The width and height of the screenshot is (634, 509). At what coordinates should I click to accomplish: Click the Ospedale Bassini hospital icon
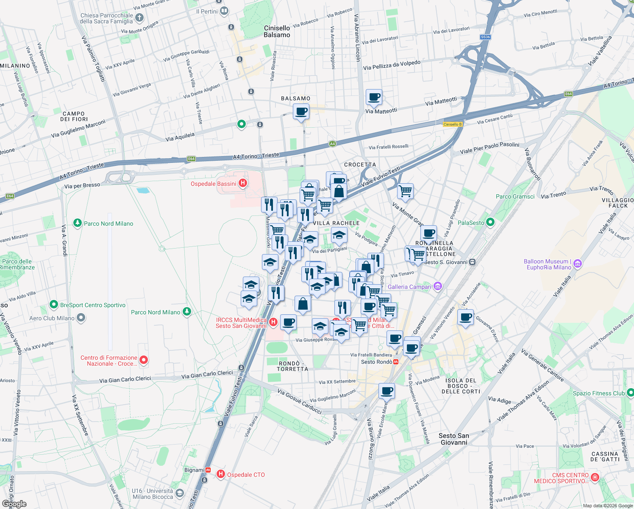243,183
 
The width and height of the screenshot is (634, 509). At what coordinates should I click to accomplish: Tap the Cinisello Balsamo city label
277,31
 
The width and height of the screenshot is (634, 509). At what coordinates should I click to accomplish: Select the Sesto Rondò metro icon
396,362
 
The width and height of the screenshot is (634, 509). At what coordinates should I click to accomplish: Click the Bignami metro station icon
208,470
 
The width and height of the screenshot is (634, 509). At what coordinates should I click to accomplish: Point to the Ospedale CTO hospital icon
221,474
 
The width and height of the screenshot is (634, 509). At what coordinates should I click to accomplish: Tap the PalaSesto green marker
490,222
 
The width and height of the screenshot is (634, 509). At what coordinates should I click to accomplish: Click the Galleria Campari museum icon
438,287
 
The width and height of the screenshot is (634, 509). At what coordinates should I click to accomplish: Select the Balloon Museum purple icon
578,264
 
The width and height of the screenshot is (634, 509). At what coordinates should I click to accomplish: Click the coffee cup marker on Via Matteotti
374,97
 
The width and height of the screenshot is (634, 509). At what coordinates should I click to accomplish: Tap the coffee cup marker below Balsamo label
301,112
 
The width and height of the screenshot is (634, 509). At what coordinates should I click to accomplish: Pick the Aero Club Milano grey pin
81,318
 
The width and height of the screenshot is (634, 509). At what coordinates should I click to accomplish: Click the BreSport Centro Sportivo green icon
54,305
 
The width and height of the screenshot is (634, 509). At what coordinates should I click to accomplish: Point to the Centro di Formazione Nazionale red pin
144,360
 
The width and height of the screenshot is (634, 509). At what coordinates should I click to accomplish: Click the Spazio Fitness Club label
598,393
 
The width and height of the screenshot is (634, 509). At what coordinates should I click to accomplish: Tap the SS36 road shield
485,37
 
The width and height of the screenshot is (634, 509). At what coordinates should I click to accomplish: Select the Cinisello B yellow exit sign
453,124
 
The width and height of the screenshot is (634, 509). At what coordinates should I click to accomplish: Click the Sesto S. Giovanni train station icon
472,262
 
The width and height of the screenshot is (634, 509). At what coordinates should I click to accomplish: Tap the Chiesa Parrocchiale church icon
139,18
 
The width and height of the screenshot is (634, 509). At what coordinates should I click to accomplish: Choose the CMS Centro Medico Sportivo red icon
595,478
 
